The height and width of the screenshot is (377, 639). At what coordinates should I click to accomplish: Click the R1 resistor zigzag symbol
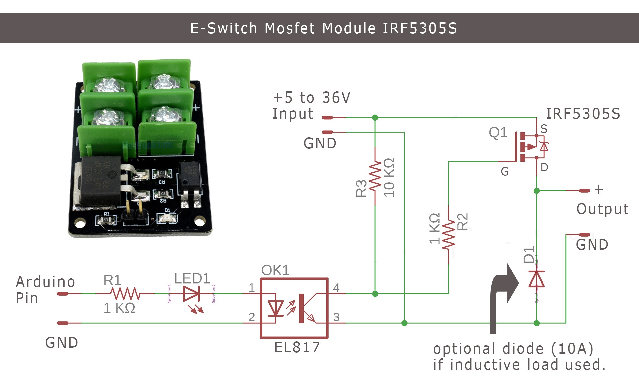pos(125,294)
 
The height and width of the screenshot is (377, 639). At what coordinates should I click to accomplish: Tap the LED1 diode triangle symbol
pos(191,294)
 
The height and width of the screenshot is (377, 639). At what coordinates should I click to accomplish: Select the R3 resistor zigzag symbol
pos(375,176)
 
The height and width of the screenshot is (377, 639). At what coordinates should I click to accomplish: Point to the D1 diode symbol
pos(536,279)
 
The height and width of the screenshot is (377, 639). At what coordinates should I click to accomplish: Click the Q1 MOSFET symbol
pos(530,147)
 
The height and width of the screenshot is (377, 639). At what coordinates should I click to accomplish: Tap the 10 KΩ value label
pos(389,177)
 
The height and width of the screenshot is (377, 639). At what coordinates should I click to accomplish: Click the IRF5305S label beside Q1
pos(583,114)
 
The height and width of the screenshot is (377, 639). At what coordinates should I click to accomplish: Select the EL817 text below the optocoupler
pos(297,347)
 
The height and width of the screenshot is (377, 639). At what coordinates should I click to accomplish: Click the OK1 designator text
pos(275,270)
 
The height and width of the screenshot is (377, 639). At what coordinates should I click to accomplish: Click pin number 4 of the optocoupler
pos(336,288)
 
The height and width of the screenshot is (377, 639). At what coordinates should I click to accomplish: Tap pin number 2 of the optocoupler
pos(252,317)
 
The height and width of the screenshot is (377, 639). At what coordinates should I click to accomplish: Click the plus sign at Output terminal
pos(599,190)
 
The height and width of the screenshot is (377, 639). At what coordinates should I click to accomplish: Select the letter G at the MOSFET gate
pos(505,172)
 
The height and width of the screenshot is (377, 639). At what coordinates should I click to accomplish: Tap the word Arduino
pos(45,282)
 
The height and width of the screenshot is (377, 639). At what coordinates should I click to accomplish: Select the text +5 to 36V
pos(311,98)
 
